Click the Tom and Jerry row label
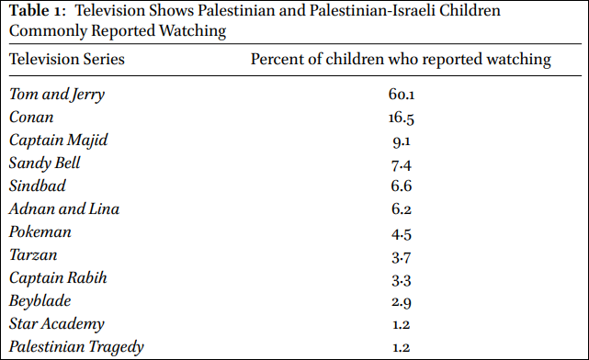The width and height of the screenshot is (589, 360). coord(57,95)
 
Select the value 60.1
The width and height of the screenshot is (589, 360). coord(402,95)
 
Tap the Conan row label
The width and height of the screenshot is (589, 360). coord(31,118)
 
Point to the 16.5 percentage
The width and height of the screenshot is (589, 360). coord(402,118)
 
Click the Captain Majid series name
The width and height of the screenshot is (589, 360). coord(58,141)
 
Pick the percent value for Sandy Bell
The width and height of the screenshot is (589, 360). coord(402,165)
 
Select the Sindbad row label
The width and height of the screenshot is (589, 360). coord(37,186)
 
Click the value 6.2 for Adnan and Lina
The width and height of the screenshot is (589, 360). coord(402,209)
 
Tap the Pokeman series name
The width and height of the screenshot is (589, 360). coord(40,232)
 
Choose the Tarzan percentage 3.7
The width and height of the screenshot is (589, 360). coord(402,257)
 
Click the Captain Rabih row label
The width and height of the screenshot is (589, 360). coord(58,277)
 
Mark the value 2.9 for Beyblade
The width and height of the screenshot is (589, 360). coord(402,302)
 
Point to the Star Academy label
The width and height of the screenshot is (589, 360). coord(56,324)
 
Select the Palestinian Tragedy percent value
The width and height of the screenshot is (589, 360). coord(402,347)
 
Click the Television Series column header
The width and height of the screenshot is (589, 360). coord(67,60)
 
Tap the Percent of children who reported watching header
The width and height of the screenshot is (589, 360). coord(401,60)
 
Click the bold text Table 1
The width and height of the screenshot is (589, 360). coord(37,10)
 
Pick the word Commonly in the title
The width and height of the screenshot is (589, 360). coord(48,31)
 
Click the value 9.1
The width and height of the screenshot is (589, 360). coord(402,141)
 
